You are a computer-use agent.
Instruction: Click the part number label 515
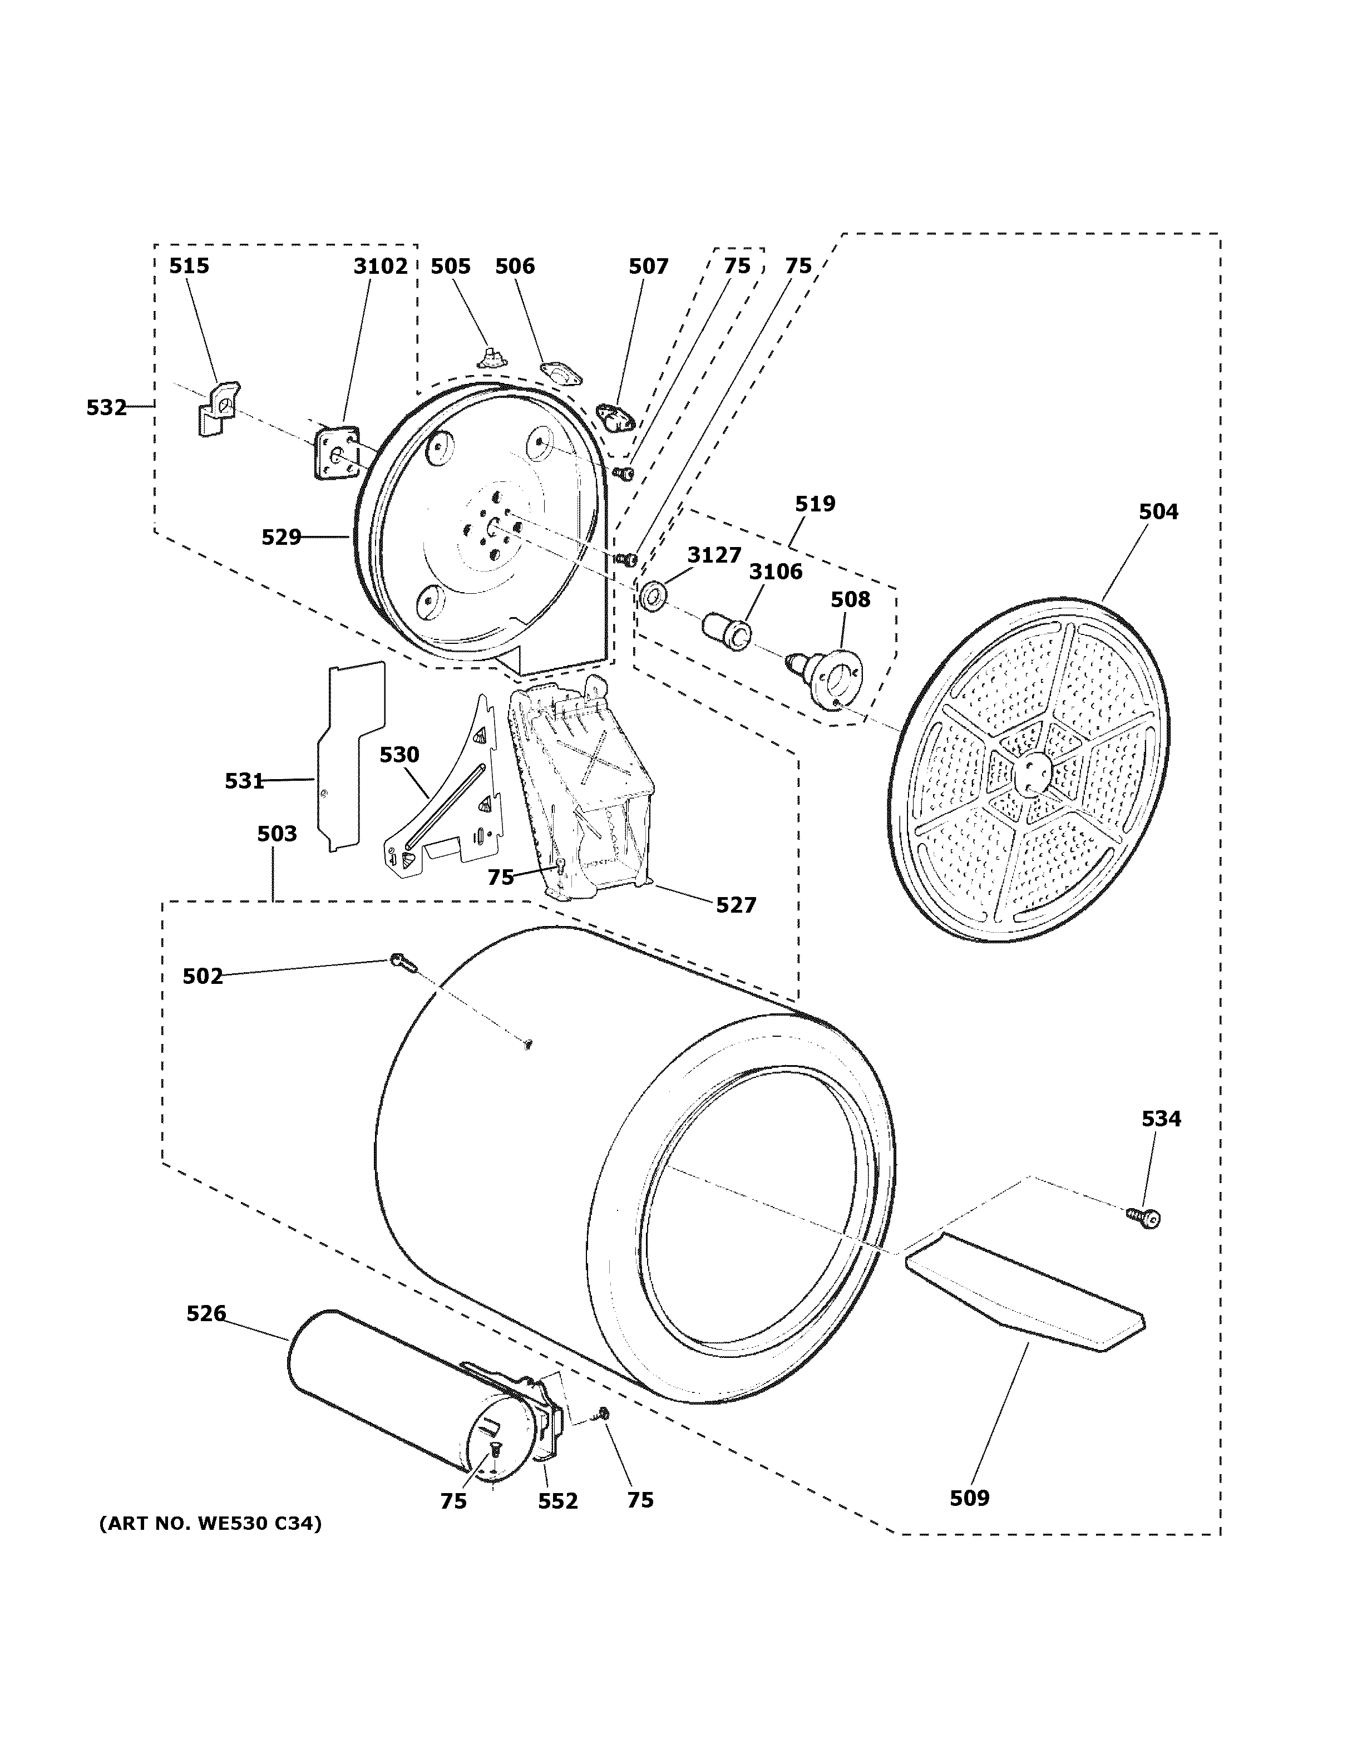(x=189, y=265)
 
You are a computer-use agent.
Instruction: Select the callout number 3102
(x=380, y=265)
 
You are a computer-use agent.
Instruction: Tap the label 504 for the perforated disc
(x=1158, y=511)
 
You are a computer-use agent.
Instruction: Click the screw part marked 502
(x=401, y=962)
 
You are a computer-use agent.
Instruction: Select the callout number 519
(x=814, y=504)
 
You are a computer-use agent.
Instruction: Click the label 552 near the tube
(x=557, y=1501)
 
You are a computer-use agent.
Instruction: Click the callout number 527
(x=735, y=905)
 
